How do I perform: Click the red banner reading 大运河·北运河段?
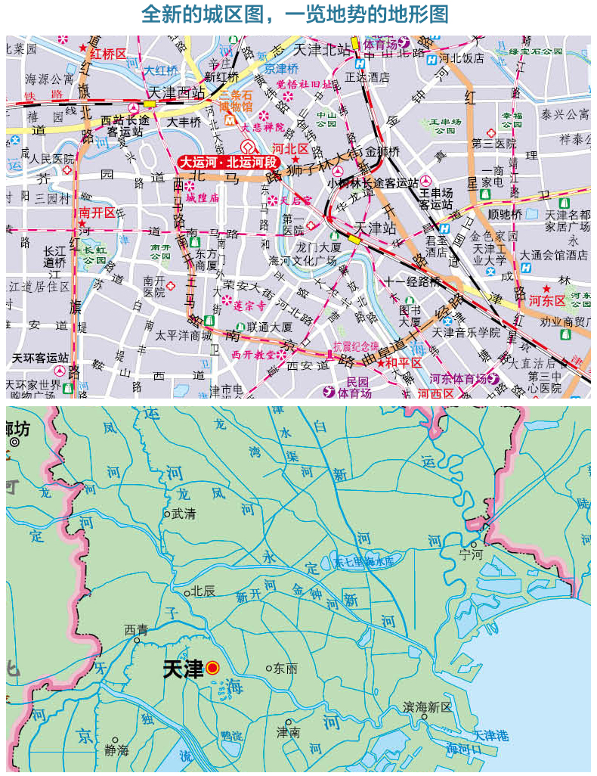point(229,162)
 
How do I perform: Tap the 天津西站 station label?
point(178,93)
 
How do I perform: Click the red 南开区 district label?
point(97,213)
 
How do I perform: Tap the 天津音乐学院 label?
point(466,332)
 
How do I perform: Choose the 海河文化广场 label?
point(302,261)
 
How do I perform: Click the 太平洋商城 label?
point(184,335)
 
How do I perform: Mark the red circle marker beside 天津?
point(212,668)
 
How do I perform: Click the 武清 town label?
point(184,513)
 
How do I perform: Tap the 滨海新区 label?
point(427,707)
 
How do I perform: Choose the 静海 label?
point(116,751)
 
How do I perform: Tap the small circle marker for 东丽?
point(268,668)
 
